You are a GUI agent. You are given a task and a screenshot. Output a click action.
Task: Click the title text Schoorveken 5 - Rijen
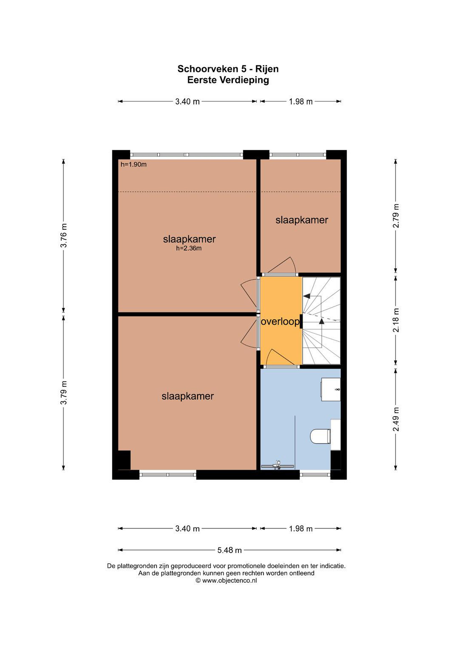pyautogui.click(x=228, y=69)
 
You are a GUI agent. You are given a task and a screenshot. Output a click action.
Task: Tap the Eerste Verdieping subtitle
pyautogui.click(x=228, y=80)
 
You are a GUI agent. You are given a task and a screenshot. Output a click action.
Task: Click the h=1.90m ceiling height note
pyautogui.click(x=133, y=165)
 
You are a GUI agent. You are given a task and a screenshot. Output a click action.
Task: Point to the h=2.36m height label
pyautogui.click(x=189, y=249)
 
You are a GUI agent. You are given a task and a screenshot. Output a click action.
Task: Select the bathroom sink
pyautogui.click(x=330, y=390)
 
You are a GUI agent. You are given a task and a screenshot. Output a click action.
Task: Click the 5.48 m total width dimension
pyautogui.click(x=229, y=550)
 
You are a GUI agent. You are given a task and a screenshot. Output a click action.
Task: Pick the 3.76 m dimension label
pyautogui.click(x=64, y=236)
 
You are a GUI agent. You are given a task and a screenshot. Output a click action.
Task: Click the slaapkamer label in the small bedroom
pyautogui.click(x=302, y=220)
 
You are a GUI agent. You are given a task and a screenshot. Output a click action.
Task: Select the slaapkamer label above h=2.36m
pyautogui.click(x=189, y=239)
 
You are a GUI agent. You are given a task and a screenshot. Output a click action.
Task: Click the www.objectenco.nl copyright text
pyautogui.click(x=226, y=580)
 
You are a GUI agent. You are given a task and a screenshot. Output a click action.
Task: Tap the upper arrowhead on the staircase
pyautogui.click(x=307, y=296)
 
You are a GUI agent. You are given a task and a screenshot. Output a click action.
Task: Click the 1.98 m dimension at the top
pyautogui.click(x=301, y=101)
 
